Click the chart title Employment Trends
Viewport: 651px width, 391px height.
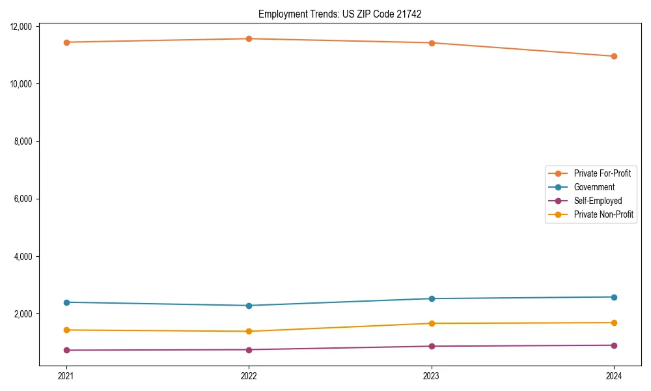click(340, 14)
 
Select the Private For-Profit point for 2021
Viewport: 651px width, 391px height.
click(66, 42)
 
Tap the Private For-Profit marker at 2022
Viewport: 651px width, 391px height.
click(249, 38)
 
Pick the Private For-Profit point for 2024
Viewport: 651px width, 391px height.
click(614, 56)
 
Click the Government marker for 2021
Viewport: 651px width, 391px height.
click(66, 302)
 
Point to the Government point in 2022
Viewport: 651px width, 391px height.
click(249, 306)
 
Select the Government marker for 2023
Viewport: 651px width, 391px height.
click(432, 298)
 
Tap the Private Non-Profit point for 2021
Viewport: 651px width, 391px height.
click(66, 330)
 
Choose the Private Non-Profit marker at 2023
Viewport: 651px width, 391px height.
click(432, 323)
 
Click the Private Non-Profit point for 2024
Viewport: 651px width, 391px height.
click(614, 323)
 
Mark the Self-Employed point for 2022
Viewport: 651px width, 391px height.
click(249, 350)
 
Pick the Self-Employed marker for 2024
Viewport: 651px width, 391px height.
click(614, 345)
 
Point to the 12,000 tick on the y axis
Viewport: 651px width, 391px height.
click(25, 27)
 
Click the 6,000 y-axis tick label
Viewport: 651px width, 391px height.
click(27, 199)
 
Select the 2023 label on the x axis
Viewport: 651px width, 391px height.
click(432, 375)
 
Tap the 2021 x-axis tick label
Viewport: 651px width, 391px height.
click(66, 375)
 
